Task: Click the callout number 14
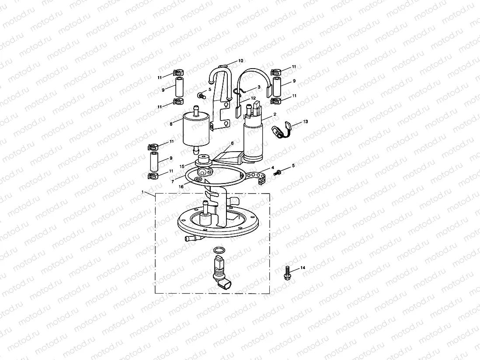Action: coord(303,267)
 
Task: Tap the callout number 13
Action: coord(305,121)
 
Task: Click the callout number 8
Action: coord(171,124)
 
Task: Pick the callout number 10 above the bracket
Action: coord(240,61)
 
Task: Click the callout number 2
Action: coord(275,114)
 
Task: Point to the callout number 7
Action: coord(173,180)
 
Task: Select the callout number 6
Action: coord(232,143)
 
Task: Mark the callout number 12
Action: coord(253,98)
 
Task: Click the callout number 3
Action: coord(259,87)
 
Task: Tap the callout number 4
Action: coord(272,167)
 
